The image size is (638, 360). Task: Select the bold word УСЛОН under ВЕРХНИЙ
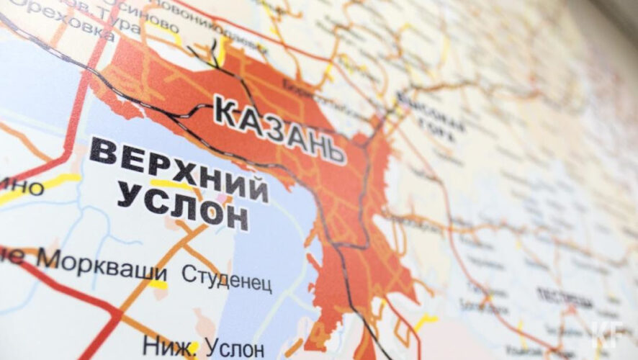[x=183, y=204]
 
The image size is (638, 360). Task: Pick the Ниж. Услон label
[x=204, y=347]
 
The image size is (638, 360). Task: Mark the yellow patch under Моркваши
[x=158, y=284]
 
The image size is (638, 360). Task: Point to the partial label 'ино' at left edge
[x=22, y=189]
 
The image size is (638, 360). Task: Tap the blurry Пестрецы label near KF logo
[x=558, y=294]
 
